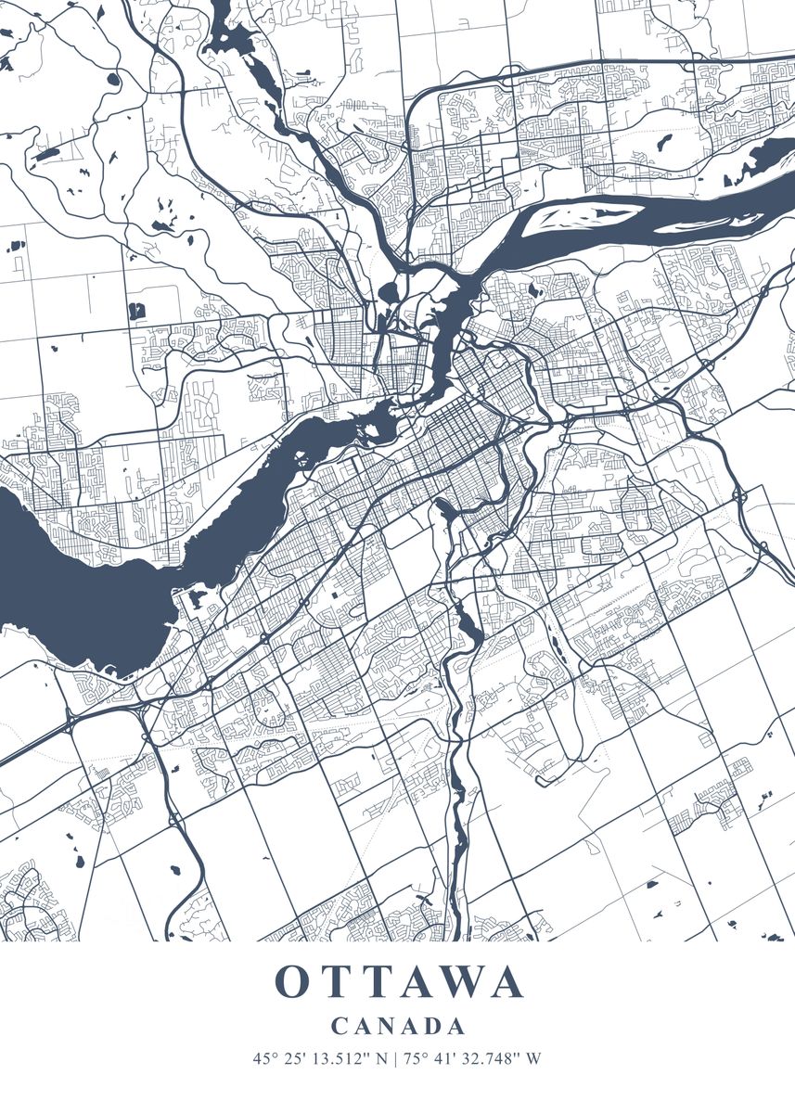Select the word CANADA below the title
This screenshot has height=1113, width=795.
click(398, 1026)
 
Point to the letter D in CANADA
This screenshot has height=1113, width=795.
click(431, 1026)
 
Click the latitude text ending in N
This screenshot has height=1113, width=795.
click(320, 1057)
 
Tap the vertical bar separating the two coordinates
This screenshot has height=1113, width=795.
click(397, 1057)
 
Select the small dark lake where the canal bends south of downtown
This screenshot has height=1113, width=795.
click(443, 507)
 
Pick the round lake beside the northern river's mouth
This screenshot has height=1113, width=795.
click(388, 293)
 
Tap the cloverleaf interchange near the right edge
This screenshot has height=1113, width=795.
click(742, 497)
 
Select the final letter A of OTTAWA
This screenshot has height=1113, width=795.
click(507, 982)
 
